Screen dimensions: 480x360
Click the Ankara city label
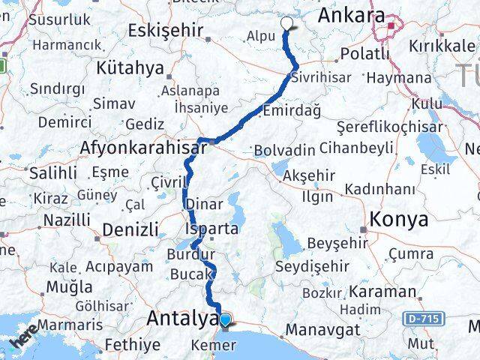click(351, 16)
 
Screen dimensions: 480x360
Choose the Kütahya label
click(130, 68)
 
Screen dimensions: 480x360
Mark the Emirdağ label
click(292, 110)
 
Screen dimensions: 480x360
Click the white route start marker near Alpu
click(286, 22)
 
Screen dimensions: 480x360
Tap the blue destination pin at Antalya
click(224, 320)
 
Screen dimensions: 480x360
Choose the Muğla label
click(69, 286)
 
